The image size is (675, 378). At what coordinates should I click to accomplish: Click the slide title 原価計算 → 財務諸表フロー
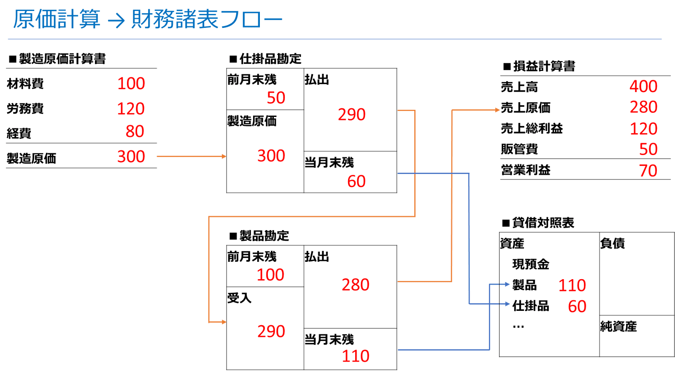pos(148,19)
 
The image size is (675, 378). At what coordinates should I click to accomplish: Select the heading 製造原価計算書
pos(62,59)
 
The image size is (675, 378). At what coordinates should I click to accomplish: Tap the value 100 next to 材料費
pos(131,84)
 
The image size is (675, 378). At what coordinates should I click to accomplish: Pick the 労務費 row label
pos(25,109)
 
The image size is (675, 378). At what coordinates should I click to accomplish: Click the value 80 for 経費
pos(135,131)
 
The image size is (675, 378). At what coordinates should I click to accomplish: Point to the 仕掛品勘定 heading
pos(270,59)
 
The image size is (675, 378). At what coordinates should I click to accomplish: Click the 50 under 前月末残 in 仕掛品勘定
pos(276,98)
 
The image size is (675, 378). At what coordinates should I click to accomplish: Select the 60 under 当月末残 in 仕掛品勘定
pos(356,181)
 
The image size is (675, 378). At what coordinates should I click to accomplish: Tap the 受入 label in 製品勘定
pos(239,298)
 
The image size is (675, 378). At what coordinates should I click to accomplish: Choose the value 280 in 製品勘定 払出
pos(356,285)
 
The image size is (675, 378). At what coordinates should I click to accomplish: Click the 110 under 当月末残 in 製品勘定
pos(356,356)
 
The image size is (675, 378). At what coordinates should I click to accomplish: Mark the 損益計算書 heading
pos(544,66)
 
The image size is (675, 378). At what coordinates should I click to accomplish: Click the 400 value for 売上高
pos(643,87)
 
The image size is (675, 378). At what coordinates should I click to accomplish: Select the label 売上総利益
pos(532,128)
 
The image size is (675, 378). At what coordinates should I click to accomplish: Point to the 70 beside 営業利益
pos(648,171)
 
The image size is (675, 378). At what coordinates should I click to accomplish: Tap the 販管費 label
pos(519,149)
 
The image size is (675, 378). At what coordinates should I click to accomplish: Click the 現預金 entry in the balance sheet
pos(531,264)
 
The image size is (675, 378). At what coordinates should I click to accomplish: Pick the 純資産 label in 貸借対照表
pos(618,326)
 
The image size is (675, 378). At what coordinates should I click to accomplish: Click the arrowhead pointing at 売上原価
pos(497,110)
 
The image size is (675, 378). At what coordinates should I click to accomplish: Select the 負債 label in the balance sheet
pos(612,243)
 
